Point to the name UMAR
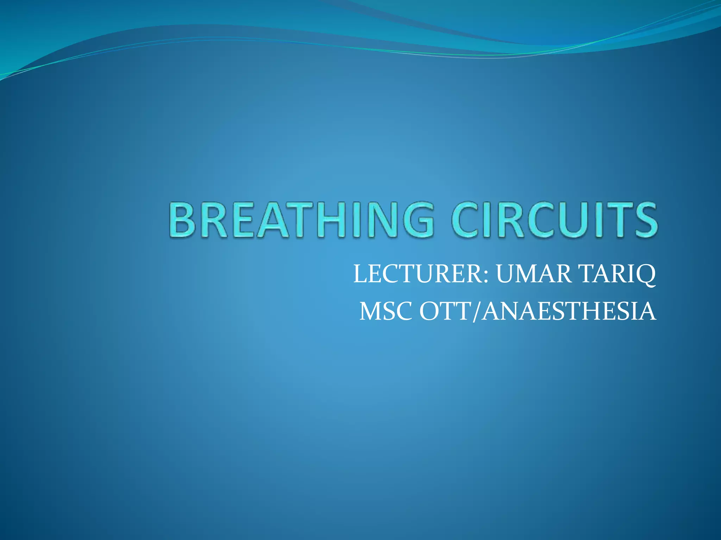pyautogui.click(x=534, y=274)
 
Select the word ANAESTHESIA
pyautogui.click(x=568, y=311)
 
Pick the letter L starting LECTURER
pyautogui.click(x=360, y=274)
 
